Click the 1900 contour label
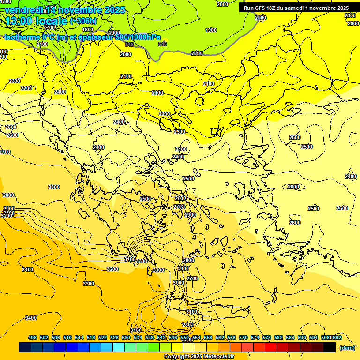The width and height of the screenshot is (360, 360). point(211,30)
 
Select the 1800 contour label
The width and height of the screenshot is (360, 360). point(88,30)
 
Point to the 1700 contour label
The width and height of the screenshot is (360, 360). point(49,28)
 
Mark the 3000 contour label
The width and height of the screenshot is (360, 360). point(178,283)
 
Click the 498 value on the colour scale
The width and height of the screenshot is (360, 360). point(32,337)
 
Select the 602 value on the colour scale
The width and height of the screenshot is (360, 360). point(337,337)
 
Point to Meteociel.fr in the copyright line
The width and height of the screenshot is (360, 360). point(217,356)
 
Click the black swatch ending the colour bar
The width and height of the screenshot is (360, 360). point(330,347)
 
